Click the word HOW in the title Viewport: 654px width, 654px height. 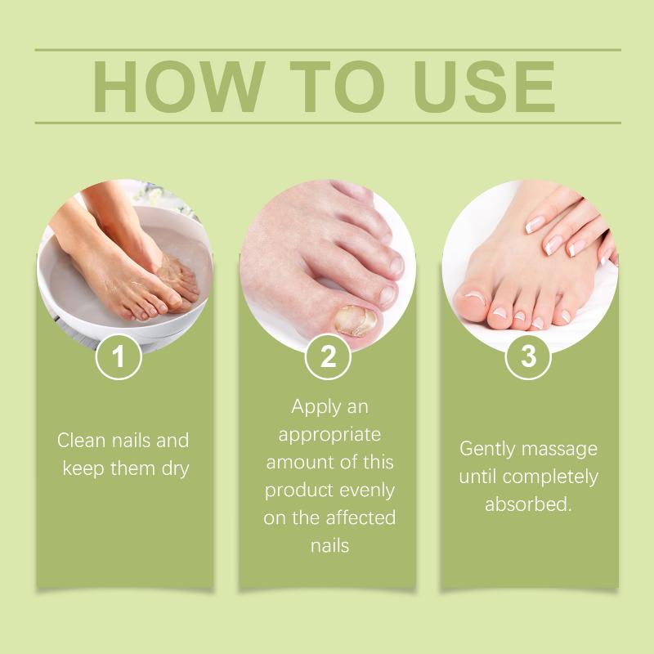pos(179,87)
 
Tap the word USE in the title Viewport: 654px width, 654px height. pos(484,87)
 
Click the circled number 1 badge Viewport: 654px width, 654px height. pos(119,357)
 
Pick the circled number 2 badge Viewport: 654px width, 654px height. pos(329,357)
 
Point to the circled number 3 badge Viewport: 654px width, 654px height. pos(528,357)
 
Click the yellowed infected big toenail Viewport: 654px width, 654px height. pos(356,320)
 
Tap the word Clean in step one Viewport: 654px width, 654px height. pos(81,441)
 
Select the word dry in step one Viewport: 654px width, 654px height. pos(176,469)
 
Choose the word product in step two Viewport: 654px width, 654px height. pos(298,491)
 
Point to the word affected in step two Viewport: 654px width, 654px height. pos(361,518)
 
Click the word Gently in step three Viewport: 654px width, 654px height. pos(487,450)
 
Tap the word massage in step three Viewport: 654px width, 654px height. pos(559,450)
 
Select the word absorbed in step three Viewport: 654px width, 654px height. pos(527,504)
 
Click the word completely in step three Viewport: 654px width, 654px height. pos(550,477)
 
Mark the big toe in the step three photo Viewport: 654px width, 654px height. pos(472,302)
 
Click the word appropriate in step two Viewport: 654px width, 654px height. pos(329,436)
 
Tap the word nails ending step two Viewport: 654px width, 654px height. pos(330,546)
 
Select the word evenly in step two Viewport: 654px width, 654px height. pos(367,491)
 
